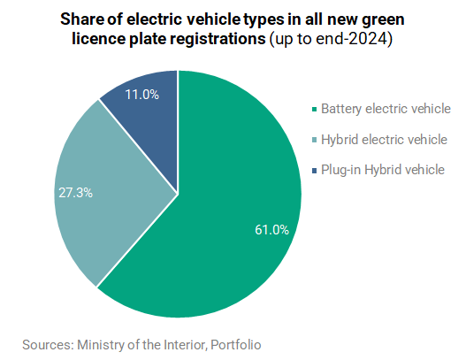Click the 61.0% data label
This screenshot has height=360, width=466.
(271, 230)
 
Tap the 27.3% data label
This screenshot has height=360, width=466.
(75, 193)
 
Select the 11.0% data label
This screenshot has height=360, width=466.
(142, 95)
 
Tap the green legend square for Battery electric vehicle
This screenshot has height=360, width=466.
(315, 110)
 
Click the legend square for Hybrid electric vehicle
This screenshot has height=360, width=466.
(315, 140)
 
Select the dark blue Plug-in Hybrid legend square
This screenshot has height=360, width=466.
(315, 171)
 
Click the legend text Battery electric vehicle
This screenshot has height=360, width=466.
(386, 109)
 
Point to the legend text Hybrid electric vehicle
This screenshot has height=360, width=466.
(384, 140)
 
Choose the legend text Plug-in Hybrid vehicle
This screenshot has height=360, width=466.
(383, 170)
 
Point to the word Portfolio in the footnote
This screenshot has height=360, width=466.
(236, 345)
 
